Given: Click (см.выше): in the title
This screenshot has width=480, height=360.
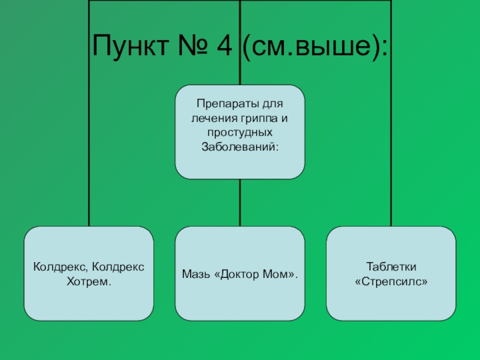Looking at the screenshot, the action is tap(314, 46).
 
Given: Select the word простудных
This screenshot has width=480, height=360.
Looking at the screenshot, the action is tap(240, 133).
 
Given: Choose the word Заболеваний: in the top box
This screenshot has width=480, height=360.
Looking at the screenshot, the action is tap(240, 146).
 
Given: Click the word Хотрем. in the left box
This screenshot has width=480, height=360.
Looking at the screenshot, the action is tap(89, 281).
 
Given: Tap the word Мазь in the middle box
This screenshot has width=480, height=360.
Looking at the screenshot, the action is tap(194, 274).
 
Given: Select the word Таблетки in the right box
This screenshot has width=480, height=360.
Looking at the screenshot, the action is tap(391, 266).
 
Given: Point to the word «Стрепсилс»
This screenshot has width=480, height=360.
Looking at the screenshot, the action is tap(391, 281).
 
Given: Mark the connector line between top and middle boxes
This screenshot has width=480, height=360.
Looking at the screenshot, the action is tap(240, 203).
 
